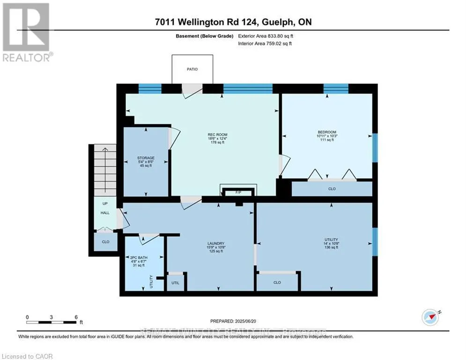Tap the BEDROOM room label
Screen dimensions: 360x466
pos(327,132)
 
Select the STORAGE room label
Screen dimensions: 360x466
pos(146,158)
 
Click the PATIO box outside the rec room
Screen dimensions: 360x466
pos(192,69)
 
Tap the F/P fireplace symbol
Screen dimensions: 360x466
pos(238,192)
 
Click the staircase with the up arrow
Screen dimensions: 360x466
pos(104,169)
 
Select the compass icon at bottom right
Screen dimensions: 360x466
pos(429,317)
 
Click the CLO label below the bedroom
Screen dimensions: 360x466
pos(332,189)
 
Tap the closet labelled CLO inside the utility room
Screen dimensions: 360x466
pos(277,282)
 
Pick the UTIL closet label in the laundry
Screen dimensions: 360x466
pos(176,283)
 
